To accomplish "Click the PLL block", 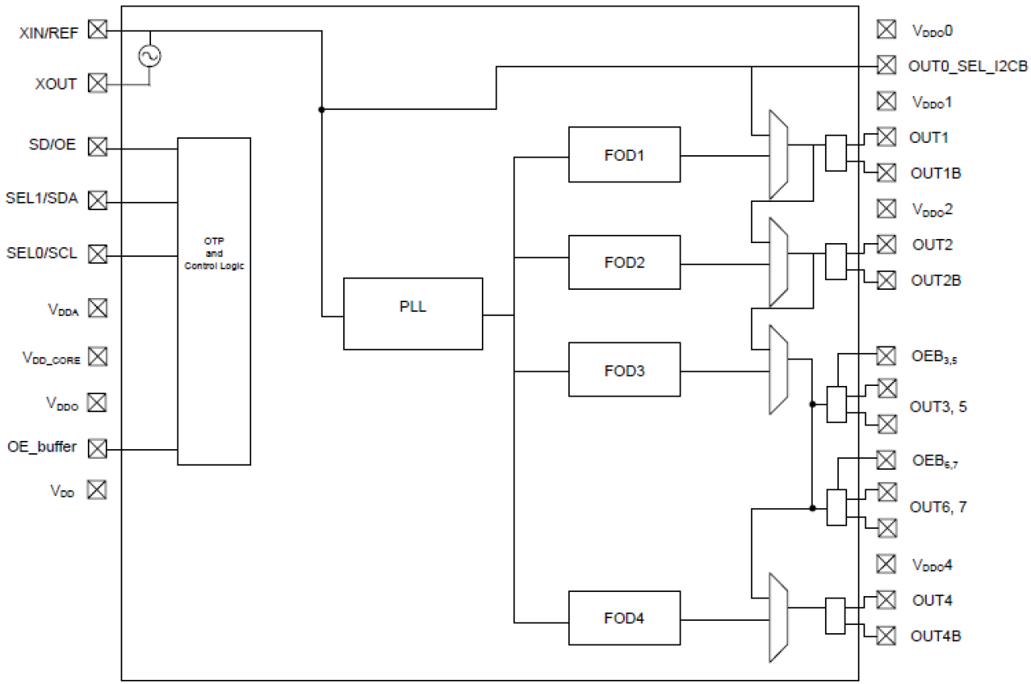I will click(x=413, y=314).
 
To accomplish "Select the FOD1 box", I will click(x=624, y=154).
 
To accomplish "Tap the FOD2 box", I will click(x=624, y=263).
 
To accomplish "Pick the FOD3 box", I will click(x=624, y=370).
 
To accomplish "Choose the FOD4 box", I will click(x=624, y=618).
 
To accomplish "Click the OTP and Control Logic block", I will click(x=213, y=301).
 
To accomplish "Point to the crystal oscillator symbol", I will click(x=150, y=56).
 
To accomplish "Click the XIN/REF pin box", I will click(x=98, y=30).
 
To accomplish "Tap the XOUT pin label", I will click(x=57, y=83).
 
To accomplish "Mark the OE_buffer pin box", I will click(x=98, y=448).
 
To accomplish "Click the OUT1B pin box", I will click(x=886, y=172).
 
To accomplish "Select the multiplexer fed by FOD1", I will click(x=777, y=154).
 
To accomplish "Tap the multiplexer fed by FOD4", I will click(x=777, y=617).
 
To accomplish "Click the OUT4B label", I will click(x=936, y=636).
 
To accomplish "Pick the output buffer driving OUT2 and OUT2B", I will click(x=836, y=262).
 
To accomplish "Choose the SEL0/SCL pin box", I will click(x=98, y=254).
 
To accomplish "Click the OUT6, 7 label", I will click(x=937, y=507).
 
